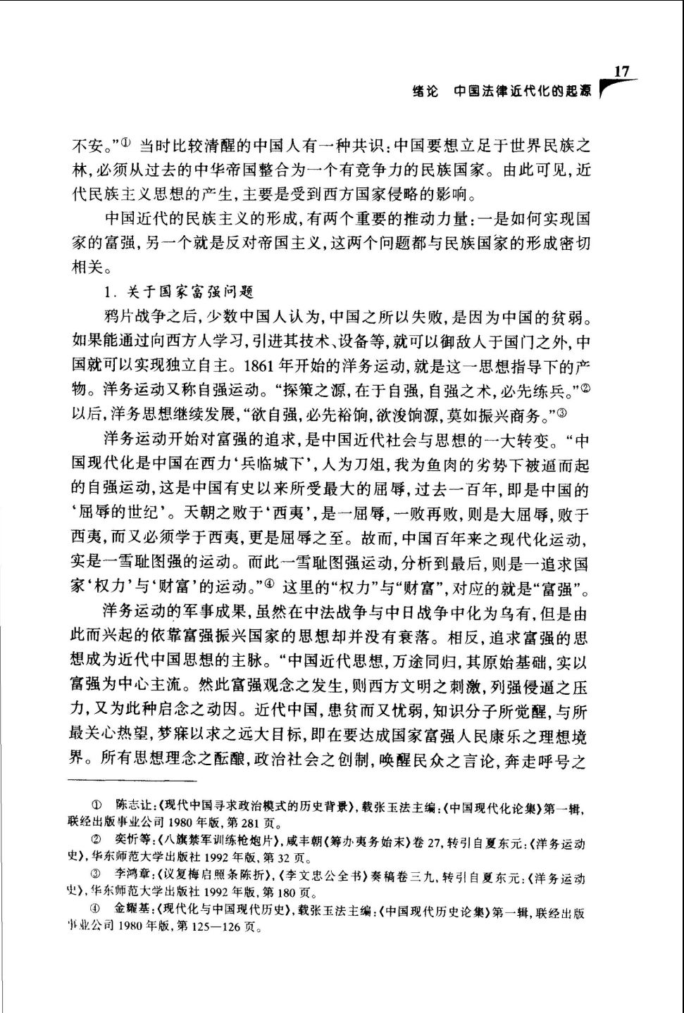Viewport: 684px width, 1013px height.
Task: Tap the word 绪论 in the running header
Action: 424,92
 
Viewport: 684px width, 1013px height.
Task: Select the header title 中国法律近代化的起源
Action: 522,92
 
